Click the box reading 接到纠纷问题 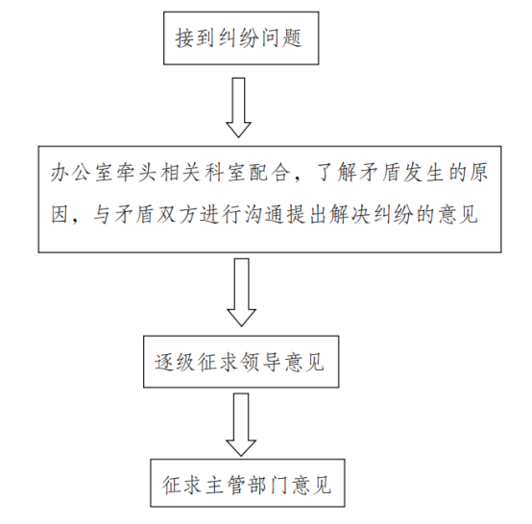tap(241, 38)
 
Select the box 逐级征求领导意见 tap(241, 362)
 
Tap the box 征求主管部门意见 tap(248, 483)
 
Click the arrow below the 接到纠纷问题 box tap(238, 107)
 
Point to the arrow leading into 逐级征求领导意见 tap(241, 293)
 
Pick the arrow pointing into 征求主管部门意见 tap(241, 424)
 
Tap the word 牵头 tap(136, 173)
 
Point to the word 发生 tap(424, 173)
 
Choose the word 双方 tap(176, 215)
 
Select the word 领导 tap(260, 362)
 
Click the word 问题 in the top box tap(281, 38)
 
